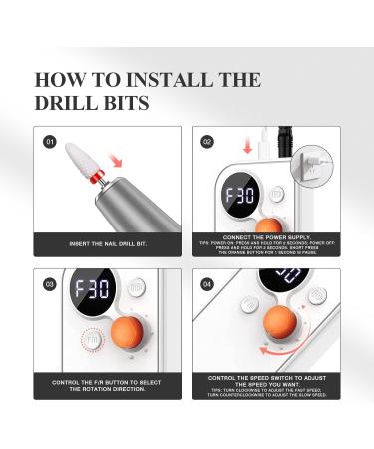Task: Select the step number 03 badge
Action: (50, 284)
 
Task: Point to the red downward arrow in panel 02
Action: (245, 145)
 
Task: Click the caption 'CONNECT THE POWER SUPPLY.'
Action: (267, 235)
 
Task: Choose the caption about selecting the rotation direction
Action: (108, 384)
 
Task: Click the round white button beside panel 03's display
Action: (136, 287)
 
